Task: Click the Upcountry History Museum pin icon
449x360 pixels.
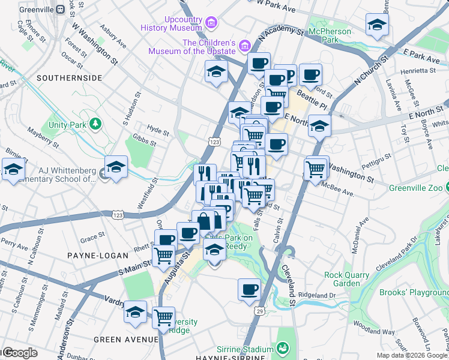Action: click(210, 23)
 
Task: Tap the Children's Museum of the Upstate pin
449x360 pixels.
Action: click(244, 46)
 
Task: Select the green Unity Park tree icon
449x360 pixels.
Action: click(95, 124)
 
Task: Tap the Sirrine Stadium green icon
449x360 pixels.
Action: click(282, 348)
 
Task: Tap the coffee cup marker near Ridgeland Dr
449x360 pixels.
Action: click(249, 290)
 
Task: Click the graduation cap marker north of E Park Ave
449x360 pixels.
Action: click(376, 25)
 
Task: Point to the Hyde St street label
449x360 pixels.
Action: click(158, 129)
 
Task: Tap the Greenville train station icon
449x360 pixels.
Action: click(61, 10)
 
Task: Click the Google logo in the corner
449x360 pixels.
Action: click(20, 353)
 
